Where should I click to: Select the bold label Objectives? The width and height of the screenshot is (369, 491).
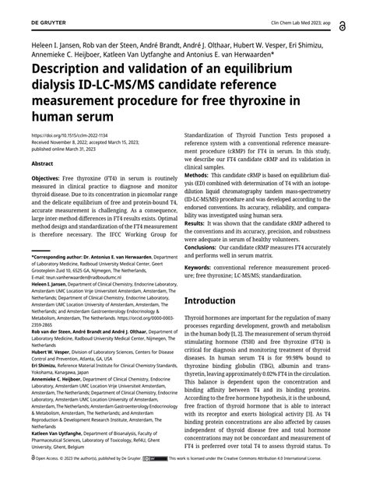(48, 178)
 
